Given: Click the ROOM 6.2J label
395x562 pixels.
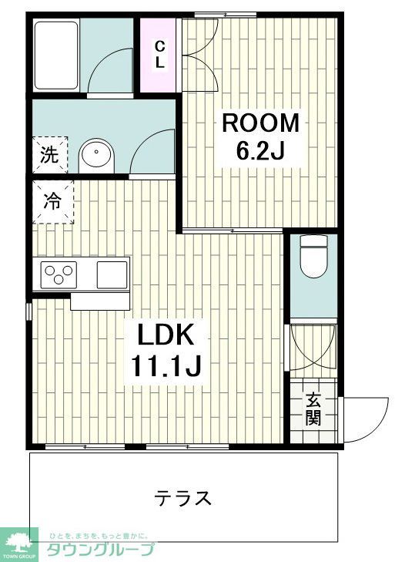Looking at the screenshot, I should (x=259, y=137).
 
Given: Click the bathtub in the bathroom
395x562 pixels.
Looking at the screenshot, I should (x=56, y=56).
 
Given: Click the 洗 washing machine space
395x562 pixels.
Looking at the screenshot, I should (x=49, y=155).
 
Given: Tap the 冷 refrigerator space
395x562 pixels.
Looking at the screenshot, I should (x=52, y=202).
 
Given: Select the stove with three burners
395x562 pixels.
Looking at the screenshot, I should (x=60, y=272).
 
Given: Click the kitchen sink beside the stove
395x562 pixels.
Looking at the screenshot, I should (x=112, y=273).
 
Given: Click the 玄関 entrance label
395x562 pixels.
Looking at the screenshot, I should (x=313, y=409).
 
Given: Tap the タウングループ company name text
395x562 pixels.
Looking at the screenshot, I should (x=100, y=550).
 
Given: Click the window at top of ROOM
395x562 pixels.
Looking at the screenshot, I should (x=215, y=14).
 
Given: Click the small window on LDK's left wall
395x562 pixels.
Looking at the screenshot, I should (x=28, y=311).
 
